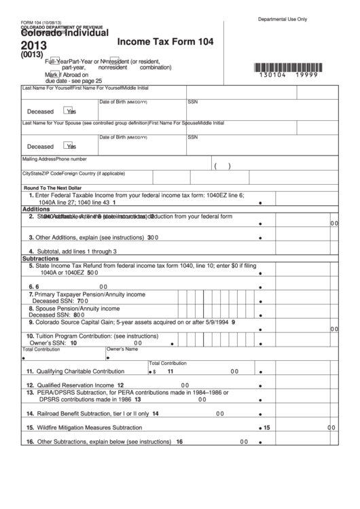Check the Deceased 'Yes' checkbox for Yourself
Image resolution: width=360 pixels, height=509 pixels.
coord(68,111)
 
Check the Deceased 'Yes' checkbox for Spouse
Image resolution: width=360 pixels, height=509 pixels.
coord(68,145)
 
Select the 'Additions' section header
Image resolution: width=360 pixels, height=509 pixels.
coord(37,209)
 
